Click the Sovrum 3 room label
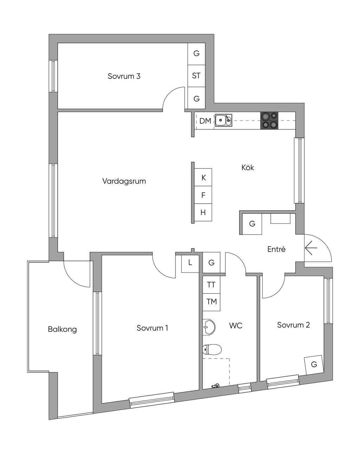pyautogui.click(x=124, y=76)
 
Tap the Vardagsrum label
pyautogui.click(x=124, y=181)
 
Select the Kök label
pyautogui.click(x=247, y=167)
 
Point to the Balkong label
pyautogui.click(x=63, y=329)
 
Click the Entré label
pyautogui.click(x=276, y=249)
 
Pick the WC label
pyautogui.click(x=236, y=326)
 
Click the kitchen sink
pyautogui.click(x=224, y=120)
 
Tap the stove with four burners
pyautogui.click(x=269, y=120)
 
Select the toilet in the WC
pyautogui.click(x=212, y=349)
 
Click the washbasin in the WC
pyautogui.click(x=209, y=327)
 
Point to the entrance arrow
pyautogui.click(x=311, y=248)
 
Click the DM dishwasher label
pyautogui.click(x=205, y=121)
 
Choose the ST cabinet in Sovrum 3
pyautogui.click(x=196, y=76)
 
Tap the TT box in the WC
pyautogui.click(x=211, y=285)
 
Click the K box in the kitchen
pyautogui.click(x=203, y=177)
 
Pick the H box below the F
pyautogui.click(x=203, y=212)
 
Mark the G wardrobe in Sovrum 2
pyautogui.click(x=314, y=364)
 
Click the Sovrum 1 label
pyautogui.click(x=152, y=328)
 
